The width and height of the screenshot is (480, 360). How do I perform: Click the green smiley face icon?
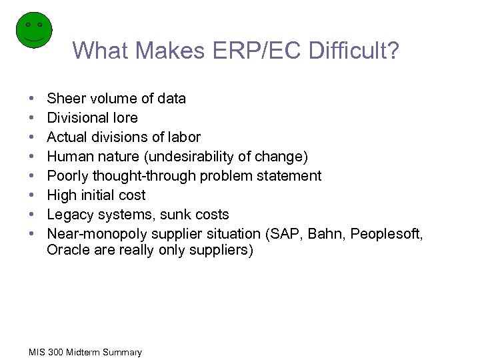pyautogui.click(x=33, y=30)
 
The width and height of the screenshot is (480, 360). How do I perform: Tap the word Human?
pyautogui.click(x=69, y=157)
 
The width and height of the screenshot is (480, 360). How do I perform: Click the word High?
pyautogui.click(x=61, y=195)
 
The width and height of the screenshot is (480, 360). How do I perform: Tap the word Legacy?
pyautogui.click(x=70, y=215)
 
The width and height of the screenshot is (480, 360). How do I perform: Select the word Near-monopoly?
pyautogui.click(x=97, y=234)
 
